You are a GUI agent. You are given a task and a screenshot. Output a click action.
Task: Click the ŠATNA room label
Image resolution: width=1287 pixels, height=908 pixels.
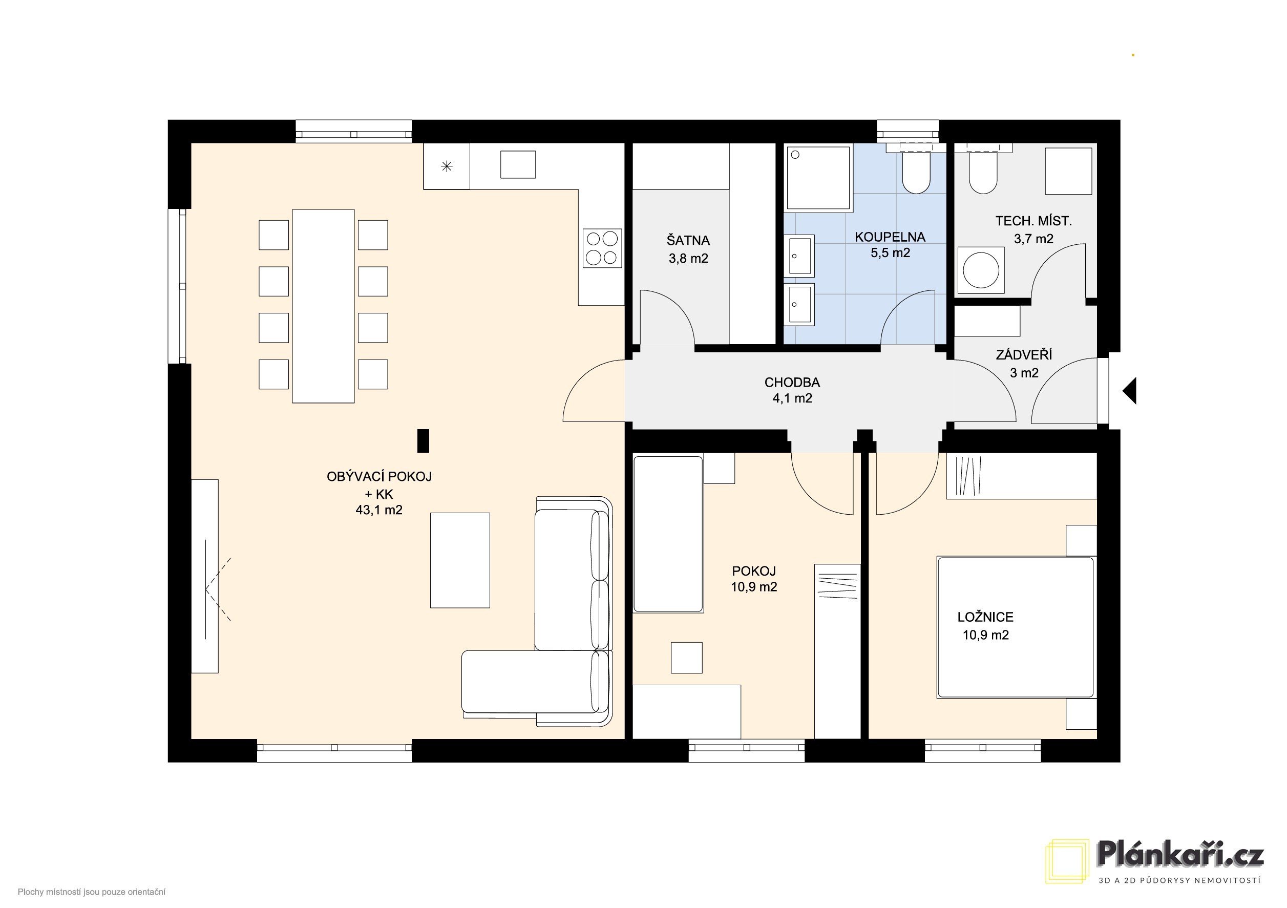[688, 241]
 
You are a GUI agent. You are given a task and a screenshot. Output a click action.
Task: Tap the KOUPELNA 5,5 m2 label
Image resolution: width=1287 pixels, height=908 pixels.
[890, 245]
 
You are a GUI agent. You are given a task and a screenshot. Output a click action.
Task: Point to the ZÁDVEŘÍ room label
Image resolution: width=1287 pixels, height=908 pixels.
[1024, 354]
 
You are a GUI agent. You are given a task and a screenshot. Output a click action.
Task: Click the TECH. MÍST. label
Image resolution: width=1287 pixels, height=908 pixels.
[1033, 221]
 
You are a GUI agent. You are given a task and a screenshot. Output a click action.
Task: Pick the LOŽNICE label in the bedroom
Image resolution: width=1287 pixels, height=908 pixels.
[985, 617]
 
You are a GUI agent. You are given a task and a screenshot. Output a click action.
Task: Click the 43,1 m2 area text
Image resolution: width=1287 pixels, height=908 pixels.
[379, 510]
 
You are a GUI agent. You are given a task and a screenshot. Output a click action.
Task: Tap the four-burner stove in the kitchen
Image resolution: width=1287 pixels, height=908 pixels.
[602, 248]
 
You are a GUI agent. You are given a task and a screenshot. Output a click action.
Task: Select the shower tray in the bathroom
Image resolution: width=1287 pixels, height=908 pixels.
[819, 178]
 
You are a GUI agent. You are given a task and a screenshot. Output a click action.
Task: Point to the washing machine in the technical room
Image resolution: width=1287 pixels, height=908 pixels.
[980, 271]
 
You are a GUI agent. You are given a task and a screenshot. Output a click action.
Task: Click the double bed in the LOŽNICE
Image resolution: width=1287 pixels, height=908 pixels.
[1015, 627]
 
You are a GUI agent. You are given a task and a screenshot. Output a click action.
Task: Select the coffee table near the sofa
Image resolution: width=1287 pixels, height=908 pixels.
[460, 560]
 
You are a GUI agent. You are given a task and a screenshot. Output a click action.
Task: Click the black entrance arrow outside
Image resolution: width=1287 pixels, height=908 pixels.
[1129, 391]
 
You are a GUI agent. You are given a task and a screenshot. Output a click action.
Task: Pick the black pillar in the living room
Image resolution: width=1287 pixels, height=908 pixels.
[423, 440]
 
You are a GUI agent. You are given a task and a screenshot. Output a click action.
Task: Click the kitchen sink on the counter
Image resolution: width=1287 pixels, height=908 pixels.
[517, 164]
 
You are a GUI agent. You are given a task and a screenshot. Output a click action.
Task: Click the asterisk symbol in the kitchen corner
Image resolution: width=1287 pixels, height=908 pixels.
[446, 166]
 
